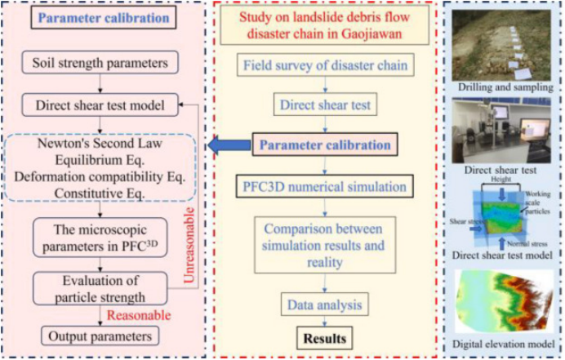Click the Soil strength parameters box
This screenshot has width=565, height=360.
(100, 63)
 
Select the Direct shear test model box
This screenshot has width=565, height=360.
(100, 106)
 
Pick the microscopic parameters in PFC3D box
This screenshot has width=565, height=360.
(99, 238)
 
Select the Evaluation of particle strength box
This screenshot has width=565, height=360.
(99, 287)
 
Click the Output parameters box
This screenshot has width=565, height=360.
(99, 336)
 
